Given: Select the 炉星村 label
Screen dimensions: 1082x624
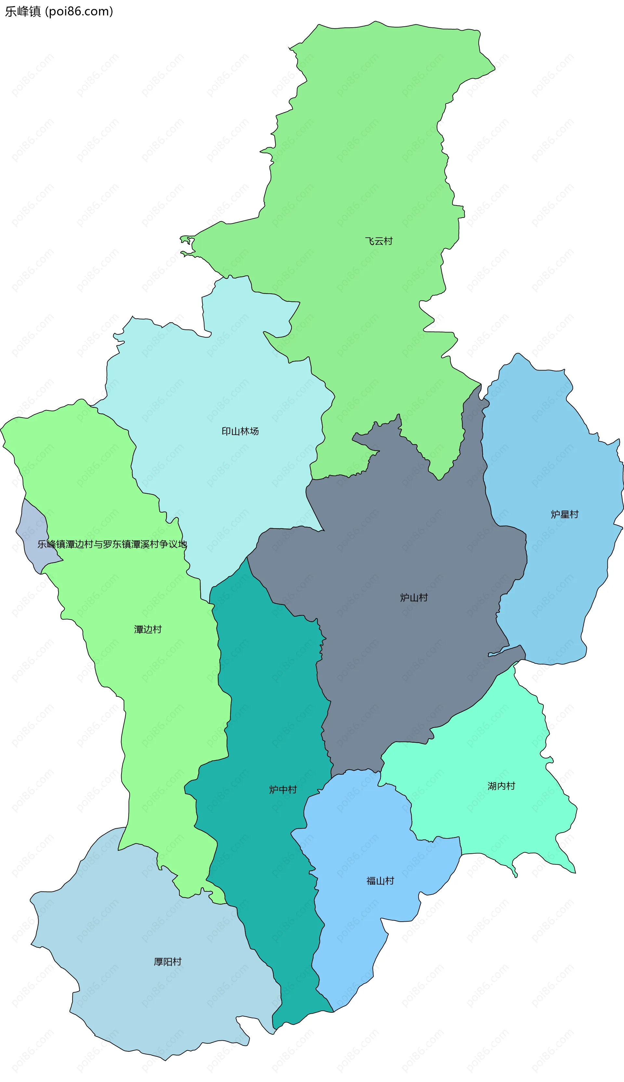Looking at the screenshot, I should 565,514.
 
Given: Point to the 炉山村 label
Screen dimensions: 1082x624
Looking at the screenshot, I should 414,597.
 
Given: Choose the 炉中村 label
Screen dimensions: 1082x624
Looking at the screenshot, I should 283,790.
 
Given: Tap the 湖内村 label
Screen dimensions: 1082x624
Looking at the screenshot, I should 501,786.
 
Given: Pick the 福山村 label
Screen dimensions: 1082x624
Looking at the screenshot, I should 380,881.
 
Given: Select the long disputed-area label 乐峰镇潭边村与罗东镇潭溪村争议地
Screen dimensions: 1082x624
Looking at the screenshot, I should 112,544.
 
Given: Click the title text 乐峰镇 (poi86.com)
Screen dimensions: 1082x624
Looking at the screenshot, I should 59,11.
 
